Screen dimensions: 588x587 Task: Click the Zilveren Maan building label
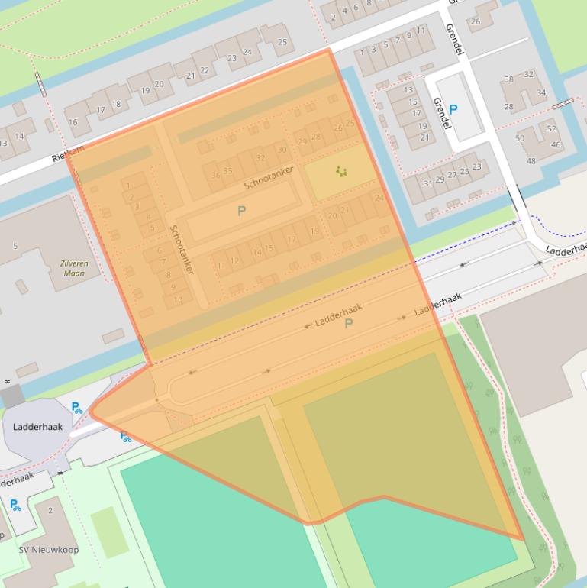[x=75, y=267]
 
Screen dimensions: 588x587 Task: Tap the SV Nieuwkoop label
[x=48, y=550]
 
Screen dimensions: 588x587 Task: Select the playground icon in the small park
[x=340, y=172]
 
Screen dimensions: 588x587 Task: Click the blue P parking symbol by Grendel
[x=453, y=109]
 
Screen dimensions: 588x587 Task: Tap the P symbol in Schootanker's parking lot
[x=242, y=211]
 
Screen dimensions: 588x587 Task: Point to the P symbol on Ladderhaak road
[x=349, y=324]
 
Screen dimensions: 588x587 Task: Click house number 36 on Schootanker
[x=215, y=176]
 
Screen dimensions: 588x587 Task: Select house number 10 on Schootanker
[x=178, y=299]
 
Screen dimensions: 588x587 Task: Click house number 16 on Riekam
[x=73, y=122]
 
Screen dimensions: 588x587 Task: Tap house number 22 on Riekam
[x=204, y=70]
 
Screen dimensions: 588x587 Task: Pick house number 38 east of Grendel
[x=508, y=79]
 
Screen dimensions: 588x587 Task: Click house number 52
[x=551, y=129]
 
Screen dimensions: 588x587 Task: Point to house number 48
[x=531, y=160]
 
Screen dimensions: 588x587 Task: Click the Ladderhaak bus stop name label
[x=37, y=427]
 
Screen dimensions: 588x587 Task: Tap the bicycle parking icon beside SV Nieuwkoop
[x=15, y=505]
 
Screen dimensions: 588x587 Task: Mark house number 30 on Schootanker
[x=282, y=150]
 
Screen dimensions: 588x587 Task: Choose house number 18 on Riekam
[x=116, y=104]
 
